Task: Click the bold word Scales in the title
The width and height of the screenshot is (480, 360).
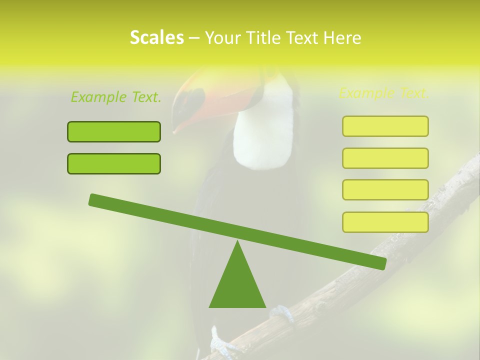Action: (156, 38)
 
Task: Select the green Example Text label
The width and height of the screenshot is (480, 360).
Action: (116, 97)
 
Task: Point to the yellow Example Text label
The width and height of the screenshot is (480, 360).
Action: (384, 93)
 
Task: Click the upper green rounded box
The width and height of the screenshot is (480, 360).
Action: (114, 131)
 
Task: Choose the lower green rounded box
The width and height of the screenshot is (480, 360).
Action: (114, 163)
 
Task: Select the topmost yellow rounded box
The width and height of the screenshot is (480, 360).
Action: (385, 126)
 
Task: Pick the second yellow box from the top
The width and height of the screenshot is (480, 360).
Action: (385, 158)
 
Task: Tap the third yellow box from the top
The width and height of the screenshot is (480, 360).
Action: (385, 189)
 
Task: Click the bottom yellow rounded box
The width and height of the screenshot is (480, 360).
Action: (385, 222)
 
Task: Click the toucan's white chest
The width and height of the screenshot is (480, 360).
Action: (264, 130)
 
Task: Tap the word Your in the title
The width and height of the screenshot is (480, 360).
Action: (221, 38)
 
